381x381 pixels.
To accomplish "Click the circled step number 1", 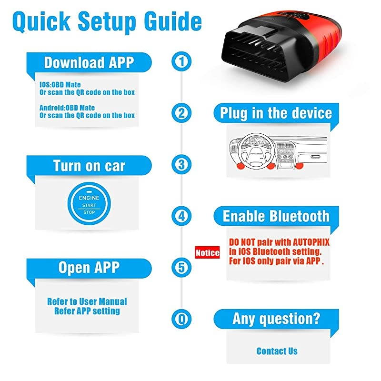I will [x=181, y=61].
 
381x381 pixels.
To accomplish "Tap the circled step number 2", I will [x=181, y=113].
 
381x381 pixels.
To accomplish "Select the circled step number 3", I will [x=181, y=164].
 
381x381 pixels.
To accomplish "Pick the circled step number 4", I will [x=181, y=215].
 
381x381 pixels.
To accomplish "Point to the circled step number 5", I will [x=181, y=267].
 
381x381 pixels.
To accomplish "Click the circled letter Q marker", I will [x=181, y=318].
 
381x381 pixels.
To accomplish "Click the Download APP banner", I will [x=89, y=62].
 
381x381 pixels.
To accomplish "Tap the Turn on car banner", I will [x=89, y=165].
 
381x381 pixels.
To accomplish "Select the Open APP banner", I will [x=89, y=268].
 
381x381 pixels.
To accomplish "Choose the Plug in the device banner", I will [x=276, y=113].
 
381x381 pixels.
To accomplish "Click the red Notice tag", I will [x=208, y=252].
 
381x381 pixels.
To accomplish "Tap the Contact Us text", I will [x=277, y=351].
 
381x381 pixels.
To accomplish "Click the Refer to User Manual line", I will [x=87, y=301].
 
